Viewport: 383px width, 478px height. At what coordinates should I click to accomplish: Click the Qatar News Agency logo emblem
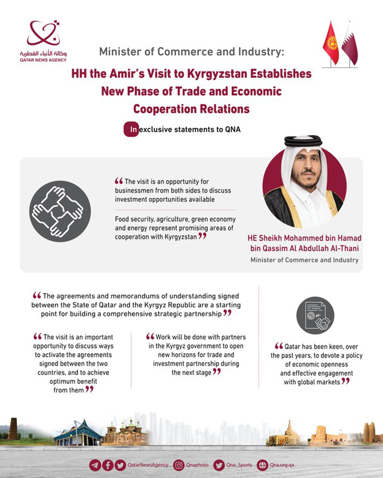pos(43,34)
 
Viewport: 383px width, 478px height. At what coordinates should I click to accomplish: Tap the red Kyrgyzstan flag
pos(331,43)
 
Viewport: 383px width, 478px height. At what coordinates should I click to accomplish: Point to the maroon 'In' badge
pos(131,130)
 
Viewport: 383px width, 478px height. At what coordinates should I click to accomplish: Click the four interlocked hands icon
pos(60,211)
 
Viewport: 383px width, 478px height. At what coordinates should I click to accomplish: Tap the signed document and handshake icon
pos(315,315)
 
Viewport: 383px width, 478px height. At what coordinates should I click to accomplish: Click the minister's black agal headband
pos(303,142)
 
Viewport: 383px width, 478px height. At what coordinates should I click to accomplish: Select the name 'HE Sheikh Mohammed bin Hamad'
pos(304,238)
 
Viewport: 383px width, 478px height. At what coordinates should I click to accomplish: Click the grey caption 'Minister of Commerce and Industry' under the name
pos(304,260)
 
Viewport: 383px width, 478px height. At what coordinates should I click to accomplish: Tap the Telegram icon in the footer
pos(95,465)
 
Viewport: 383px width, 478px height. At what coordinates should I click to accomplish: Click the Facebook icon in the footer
pos(108,465)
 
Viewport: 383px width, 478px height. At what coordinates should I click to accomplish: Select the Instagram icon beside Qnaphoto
pos(178,465)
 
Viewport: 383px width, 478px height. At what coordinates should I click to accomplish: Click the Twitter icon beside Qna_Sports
pos(219,465)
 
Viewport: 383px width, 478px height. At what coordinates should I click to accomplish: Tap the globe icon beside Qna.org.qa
pos(262,465)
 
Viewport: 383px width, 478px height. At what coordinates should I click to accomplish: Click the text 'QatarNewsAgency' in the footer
pos(148,465)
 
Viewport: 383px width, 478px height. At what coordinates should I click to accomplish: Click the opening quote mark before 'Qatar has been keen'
pos(279,346)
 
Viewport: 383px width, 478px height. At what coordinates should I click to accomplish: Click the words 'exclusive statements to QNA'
pos(190,130)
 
